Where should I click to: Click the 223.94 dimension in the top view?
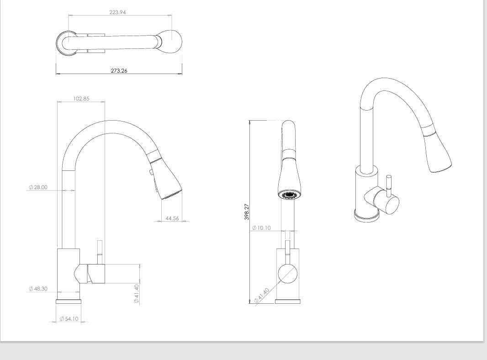click(x=118, y=12)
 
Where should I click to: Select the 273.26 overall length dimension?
click(x=119, y=71)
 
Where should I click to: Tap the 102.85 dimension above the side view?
click(x=81, y=98)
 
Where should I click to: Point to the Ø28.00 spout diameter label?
click(x=37, y=187)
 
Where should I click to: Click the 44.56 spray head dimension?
click(x=172, y=218)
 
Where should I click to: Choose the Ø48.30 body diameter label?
click(x=37, y=289)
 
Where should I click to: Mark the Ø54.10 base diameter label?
click(x=69, y=319)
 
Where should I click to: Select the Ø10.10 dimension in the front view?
click(x=262, y=228)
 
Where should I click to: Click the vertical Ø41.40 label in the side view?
click(x=136, y=293)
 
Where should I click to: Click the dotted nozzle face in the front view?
click(x=289, y=196)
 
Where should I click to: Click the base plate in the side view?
click(x=69, y=302)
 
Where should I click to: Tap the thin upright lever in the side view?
click(x=100, y=251)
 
